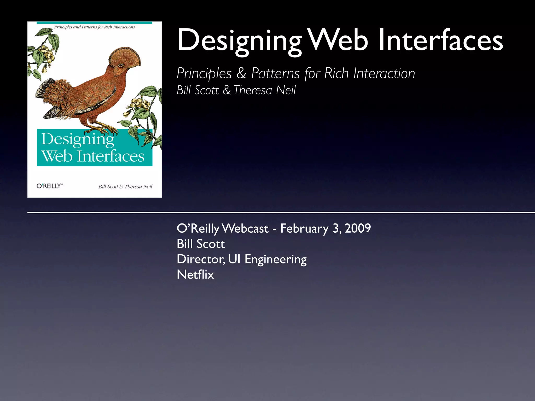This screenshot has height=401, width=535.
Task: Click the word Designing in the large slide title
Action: tap(239, 41)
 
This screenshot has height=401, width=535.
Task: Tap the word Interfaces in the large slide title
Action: tap(440, 40)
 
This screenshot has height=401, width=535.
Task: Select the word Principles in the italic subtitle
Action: tap(204, 74)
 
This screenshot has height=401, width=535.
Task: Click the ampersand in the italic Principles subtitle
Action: tap(241, 74)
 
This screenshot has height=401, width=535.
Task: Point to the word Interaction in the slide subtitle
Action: tap(384, 74)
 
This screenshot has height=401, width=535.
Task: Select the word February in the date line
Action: tap(304, 229)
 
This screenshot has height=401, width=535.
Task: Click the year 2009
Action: tap(358, 228)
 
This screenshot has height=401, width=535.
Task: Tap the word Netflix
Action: tap(195, 275)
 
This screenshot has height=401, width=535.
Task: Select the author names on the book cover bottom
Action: tap(125, 187)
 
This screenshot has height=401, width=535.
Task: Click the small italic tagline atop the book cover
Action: tap(94, 27)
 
